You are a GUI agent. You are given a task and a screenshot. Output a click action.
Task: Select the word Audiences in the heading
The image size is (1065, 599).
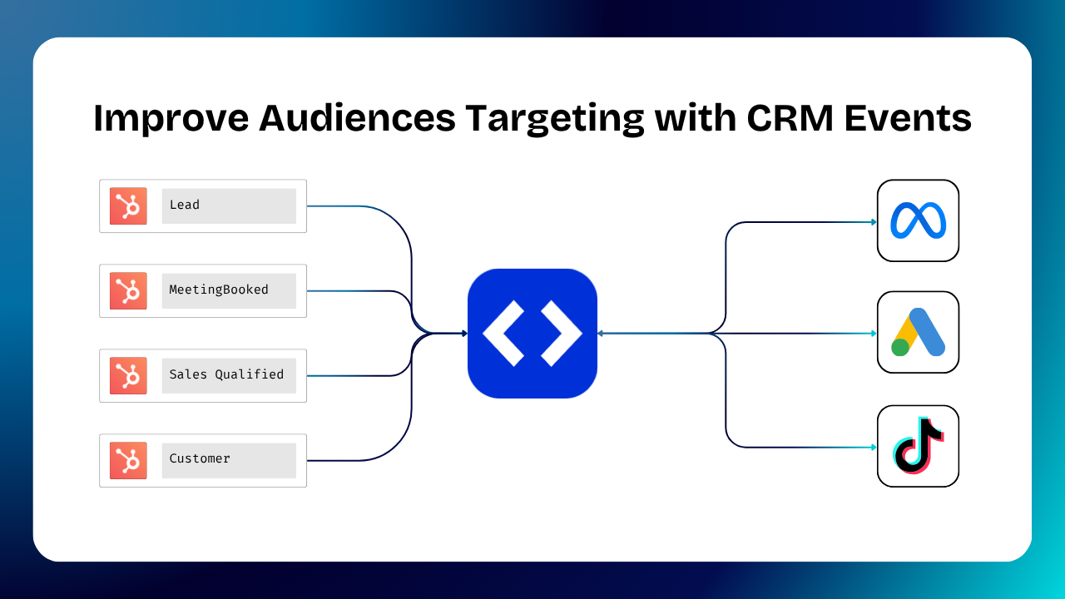pyautogui.click(x=357, y=119)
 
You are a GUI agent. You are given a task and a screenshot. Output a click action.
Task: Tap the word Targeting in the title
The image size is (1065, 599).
pyautogui.click(x=554, y=119)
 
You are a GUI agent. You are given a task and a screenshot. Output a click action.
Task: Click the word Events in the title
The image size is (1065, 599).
pyautogui.click(x=908, y=119)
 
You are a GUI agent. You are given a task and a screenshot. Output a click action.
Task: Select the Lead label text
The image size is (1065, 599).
pyautogui.click(x=185, y=205)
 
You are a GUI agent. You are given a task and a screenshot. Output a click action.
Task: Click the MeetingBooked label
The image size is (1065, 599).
pyautogui.click(x=219, y=290)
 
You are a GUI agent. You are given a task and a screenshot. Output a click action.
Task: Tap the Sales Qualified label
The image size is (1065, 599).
pyautogui.click(x=226, y=375)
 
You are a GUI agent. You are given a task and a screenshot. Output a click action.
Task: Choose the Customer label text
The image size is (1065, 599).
pyautogui.click(x=200, y=459)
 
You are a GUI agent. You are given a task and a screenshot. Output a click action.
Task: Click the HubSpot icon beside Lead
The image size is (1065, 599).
pyautogui.click(x=128, y=205)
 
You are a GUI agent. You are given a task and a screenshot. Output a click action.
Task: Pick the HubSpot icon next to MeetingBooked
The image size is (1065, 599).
pyautogui.click(x=128, y=290)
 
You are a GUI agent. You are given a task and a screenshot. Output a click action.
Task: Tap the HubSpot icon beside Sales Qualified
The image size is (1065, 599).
pyautogui.click(x=128, y=375)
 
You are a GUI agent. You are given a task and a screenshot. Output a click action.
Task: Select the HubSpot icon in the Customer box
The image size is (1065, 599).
pyautogui.click(x=128, y=460)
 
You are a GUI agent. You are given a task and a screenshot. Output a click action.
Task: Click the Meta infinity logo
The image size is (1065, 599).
pyautogui.click(x=918, y=220)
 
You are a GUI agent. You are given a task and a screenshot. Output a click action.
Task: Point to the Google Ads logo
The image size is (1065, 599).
pyautogui.click(x=918, y=332)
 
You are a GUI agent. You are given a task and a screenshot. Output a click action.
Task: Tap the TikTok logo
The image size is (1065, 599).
pyautogui.click(x=918, y=446)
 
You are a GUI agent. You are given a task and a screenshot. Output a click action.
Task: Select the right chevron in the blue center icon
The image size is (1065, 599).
pyautogui.click(x=562, y=334)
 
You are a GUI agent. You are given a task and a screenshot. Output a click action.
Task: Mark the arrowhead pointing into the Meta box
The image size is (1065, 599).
pyautogui.click(x=874, y=222)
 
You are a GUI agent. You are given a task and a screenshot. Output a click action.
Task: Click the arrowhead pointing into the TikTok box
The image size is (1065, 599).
pyautogui.click(x=874, y=448)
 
